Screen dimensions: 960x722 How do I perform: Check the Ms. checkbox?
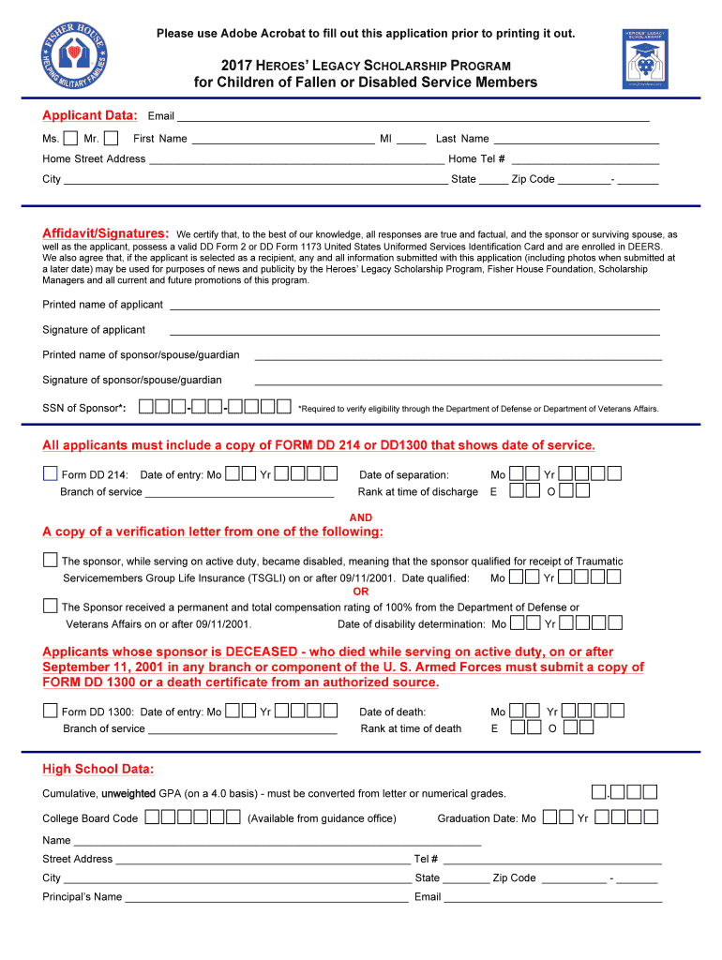point(70,139)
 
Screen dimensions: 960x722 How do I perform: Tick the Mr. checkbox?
point(111,139)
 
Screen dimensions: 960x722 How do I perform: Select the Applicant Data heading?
point(90,115)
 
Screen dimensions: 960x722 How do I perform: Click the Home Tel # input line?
point(585,158)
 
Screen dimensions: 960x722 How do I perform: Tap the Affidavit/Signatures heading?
point(106,232)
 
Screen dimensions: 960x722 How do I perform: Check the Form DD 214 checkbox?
point(50,473)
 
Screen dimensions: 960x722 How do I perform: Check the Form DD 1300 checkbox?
point(50,710)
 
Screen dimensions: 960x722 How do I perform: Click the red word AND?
point(361,517)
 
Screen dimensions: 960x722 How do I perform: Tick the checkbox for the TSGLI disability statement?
point(50,560)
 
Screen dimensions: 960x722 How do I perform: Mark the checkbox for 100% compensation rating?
point(50,606)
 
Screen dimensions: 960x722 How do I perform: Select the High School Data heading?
point(98,770)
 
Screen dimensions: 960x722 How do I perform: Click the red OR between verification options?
point(361,592)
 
